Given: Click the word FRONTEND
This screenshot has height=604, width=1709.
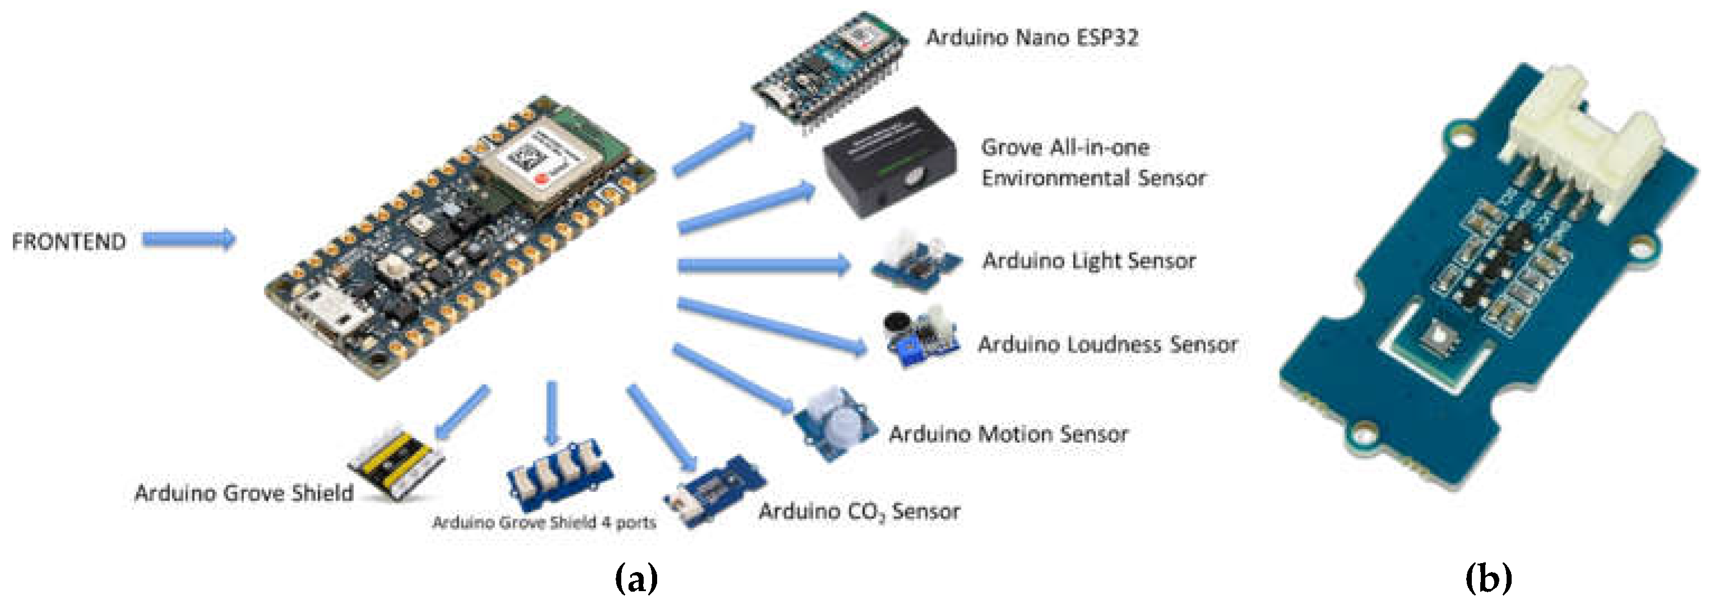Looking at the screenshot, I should click(68, 241).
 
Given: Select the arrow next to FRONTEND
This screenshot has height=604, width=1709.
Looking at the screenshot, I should click(189, 239).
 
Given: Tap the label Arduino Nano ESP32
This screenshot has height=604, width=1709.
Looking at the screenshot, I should click(1032, 38).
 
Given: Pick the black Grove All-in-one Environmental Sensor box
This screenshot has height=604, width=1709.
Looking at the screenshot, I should click(889, 162).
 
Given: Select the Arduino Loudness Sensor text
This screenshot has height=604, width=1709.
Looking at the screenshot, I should click(1107, 344).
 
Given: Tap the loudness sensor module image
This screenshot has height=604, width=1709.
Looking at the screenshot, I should click(921, 337).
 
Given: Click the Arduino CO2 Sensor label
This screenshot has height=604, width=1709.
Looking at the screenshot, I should click(859, 511).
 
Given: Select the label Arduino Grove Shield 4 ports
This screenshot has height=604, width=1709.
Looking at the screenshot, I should click(544, 522).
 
